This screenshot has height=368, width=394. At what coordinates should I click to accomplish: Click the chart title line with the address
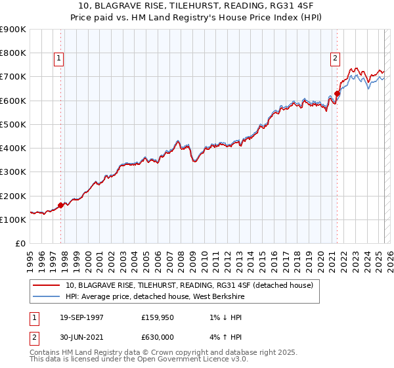(x=197, y=6)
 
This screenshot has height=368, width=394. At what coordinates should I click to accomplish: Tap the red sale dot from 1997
(x=61, y=205)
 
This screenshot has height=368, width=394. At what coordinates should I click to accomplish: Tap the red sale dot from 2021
(x=337, y=93)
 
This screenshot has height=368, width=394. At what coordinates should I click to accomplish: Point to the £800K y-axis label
(x=13, y=53)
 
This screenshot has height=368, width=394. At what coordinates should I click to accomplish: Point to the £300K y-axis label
(x=13, y=172)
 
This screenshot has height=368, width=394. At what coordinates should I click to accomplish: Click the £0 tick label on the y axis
(x=20, y=244)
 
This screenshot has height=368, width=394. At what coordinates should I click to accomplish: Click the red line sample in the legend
(x=47, y=285)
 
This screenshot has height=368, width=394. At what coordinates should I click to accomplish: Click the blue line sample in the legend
(x=47, y=296)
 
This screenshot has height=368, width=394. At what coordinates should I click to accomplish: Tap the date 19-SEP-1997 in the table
(x=82, y=317)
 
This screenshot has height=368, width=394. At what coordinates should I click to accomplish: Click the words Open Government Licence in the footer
(x=190, y=359)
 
